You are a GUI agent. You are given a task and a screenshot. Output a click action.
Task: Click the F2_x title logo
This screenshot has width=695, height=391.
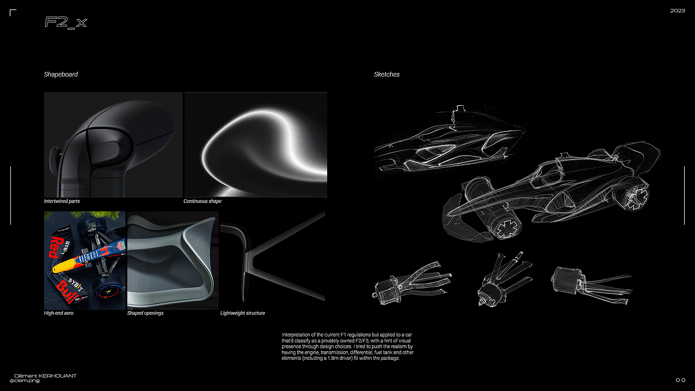click(66, 22)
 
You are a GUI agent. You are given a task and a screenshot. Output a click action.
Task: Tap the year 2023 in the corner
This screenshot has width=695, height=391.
click(677, 10)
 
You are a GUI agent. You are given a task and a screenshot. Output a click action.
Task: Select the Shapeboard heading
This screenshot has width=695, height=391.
click(61, 74)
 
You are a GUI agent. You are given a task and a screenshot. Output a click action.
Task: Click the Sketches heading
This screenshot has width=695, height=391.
click(387, 74)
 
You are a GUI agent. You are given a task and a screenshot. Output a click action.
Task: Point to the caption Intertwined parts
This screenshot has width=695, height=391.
click(62, 201)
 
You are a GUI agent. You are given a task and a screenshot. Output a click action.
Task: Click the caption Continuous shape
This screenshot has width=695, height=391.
click(203, 201)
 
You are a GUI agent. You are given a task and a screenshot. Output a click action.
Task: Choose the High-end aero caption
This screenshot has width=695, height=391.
click(59, 313)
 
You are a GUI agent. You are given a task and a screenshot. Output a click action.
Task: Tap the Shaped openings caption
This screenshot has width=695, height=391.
click(145, 313)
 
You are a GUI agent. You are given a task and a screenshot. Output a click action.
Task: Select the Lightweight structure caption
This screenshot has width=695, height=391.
click(243, 313)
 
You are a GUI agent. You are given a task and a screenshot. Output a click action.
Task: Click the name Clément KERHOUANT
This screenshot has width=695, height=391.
click(46, 376)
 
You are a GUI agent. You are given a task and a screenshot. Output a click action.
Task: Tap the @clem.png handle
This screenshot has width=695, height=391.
click(24, 381)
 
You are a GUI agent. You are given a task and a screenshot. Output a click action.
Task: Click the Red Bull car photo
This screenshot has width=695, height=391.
click(84, 260)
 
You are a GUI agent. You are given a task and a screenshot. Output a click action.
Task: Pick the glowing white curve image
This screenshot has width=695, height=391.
click(256, 144)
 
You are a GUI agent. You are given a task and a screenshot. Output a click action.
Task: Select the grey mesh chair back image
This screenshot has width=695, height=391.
click(173, 260)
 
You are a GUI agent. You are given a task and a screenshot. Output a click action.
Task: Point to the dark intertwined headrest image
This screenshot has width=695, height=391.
click(113, 144)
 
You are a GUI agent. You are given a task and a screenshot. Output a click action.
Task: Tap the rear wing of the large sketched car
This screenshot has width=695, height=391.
click(640, 154)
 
